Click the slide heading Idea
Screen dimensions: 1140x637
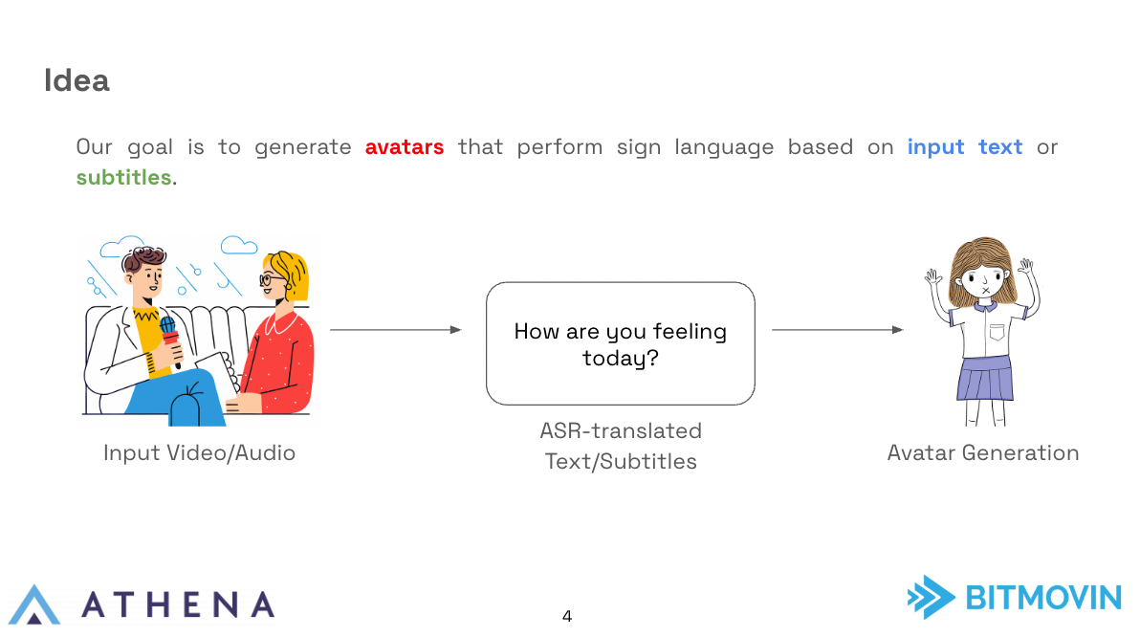point(77,80)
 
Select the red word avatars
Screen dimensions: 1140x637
point(405,147)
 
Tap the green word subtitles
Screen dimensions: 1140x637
point(123,177)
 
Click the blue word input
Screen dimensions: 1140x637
point(935,147)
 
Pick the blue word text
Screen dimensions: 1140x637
point(1000,147)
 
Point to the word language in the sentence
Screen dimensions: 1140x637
point(724,147)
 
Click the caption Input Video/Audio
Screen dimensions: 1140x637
point(199,453)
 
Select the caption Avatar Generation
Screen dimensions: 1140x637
point(983,453)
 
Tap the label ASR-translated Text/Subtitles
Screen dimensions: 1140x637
point(621,446)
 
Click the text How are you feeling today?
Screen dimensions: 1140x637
point(620,344)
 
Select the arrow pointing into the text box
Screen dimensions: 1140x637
point(396,329)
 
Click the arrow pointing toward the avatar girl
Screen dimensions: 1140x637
point(838,329)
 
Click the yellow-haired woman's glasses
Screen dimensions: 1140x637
point(272,279)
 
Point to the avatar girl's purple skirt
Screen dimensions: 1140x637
point(984,379)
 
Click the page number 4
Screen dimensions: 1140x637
point(567,617)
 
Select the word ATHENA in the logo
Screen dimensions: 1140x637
point(178,605)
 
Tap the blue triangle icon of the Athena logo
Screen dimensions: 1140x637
point(34,604)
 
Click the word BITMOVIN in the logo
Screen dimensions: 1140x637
point(1043,598)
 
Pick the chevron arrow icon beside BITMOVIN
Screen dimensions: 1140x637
point(932,597)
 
